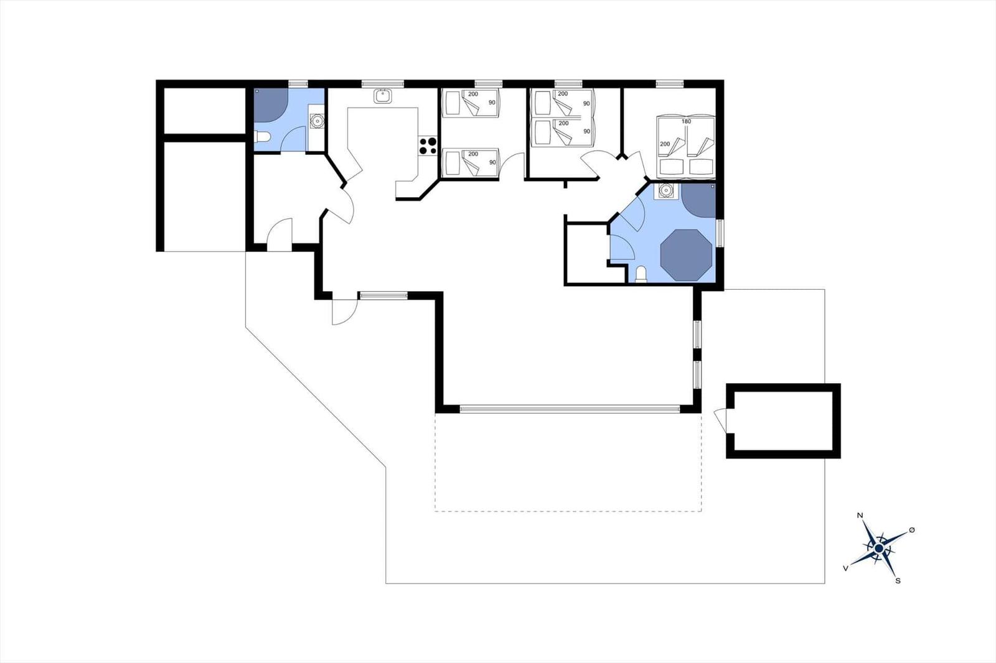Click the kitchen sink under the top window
tap(382, 96)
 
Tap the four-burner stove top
tap(428, 146)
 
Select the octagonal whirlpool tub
tap(686, 255)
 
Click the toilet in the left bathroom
tap(261, 137)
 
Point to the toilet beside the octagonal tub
tap(641, 274)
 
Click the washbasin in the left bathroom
tap(317, 121)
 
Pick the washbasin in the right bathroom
tap(665, 191)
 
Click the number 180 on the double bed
tap(686, 121)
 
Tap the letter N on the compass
tap(860, 516)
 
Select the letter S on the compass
tap(898, 581)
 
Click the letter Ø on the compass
tap(912, 530)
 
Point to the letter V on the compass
tap(845, 568)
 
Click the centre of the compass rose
tap(878, 549)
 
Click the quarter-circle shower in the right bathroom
tap(698, 200)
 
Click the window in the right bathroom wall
tap(720, 233)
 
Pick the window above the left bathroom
tap(298, 83)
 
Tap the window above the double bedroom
tap(670, 83)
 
